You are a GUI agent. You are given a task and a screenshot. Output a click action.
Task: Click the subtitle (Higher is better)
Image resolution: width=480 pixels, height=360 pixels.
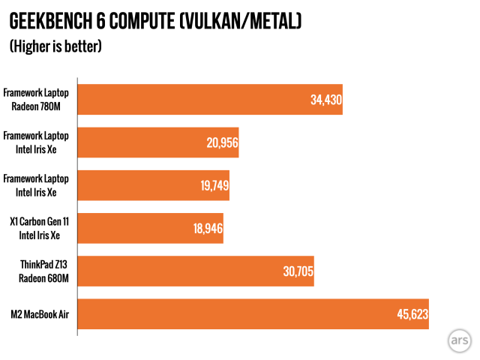(x=55, y=46)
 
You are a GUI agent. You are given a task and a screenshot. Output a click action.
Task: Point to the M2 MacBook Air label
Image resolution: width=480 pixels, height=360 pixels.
(x=39, y=313)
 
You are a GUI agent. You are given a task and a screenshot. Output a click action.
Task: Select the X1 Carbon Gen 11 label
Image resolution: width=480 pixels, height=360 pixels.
(x=39, y=221)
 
